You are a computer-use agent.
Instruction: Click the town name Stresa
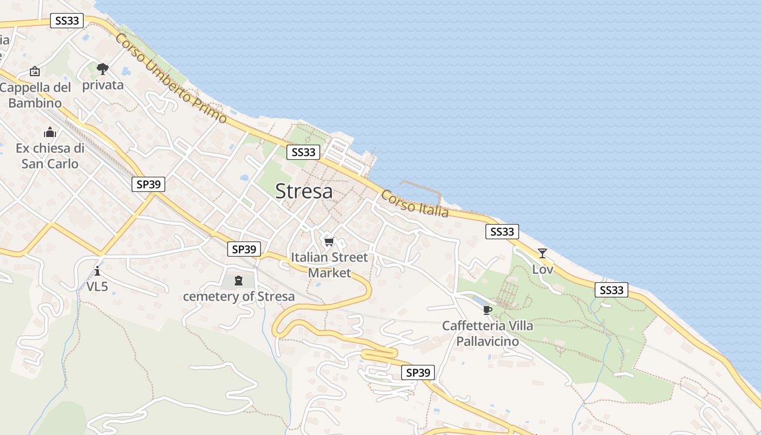304,191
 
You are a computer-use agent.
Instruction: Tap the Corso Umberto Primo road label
171,78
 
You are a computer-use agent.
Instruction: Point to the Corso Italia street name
415,203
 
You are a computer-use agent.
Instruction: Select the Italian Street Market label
329,265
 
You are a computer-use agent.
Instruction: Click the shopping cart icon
328,241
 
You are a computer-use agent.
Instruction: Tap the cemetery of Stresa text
239,296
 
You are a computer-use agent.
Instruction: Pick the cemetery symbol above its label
238,281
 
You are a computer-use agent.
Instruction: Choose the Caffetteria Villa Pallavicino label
487,333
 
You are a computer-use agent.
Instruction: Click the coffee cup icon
487,310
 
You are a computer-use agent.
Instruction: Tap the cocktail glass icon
542,253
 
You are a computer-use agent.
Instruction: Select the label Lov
542,269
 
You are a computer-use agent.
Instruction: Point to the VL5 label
97,287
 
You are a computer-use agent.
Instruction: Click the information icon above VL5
97,271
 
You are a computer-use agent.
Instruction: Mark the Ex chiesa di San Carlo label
50,156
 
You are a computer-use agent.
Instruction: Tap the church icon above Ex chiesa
50,132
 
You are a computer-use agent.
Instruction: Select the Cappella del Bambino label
35,95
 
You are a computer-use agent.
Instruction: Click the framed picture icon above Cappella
35,71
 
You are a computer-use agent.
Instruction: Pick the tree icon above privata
103,69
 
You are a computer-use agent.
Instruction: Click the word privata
103,85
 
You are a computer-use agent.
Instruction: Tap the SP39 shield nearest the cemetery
244,249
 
